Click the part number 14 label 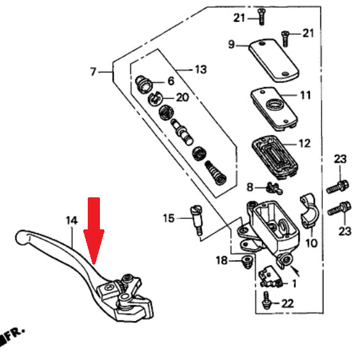72,220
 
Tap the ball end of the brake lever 22,238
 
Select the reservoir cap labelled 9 274,60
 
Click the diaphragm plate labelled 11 274,108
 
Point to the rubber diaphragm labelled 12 275,158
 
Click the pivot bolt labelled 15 197,220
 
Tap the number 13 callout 201,70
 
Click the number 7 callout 93,72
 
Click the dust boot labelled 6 143,85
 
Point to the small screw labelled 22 266,300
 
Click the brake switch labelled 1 270,277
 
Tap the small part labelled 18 247,262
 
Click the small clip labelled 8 274,188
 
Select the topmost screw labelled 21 261,17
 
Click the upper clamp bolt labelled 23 338,187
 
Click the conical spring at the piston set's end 215,173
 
